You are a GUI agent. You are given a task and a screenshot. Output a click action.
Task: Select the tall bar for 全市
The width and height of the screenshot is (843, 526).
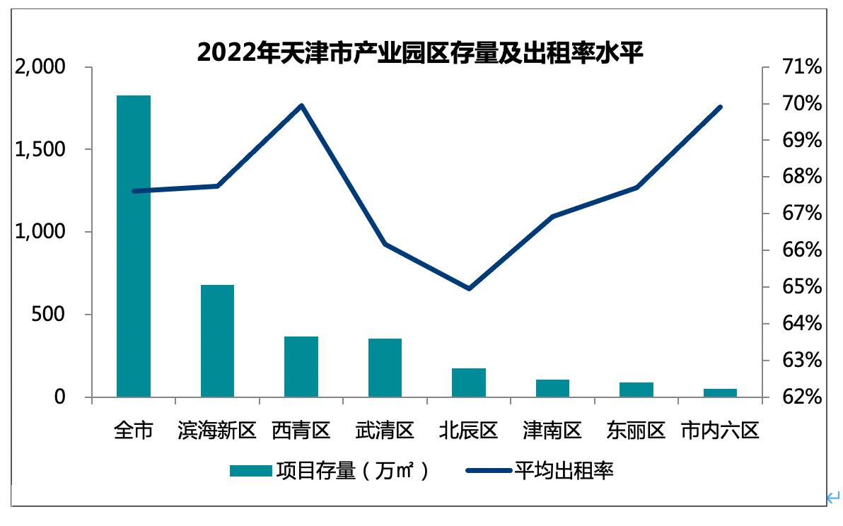pyautogui.click(x=134, y=246)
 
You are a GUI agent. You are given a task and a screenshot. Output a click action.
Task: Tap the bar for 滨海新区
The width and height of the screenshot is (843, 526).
pyautogui.click(x=217, y=341)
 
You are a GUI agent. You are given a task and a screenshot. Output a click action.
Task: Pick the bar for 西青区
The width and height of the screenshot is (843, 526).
pyautogui.click(x=301, y=366)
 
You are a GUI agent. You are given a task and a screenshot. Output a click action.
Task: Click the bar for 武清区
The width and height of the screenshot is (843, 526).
pyautogui.click(x=385, y=368)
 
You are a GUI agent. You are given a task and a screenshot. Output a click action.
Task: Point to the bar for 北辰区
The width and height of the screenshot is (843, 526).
pyautogui.click(x=469, y=382)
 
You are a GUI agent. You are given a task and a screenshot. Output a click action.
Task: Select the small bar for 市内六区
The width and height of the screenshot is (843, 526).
pyautogui.click(x=720, y=392)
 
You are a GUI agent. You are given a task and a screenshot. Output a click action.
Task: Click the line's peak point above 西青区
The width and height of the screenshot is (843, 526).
pyautogui.click(x=301, y=105)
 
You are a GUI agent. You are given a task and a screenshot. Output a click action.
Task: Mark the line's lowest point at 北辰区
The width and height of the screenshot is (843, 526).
pyautogui.click(x=469, y=288)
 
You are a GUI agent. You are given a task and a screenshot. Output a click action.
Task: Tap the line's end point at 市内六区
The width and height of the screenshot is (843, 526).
pyautogui.click(x=720, y=107)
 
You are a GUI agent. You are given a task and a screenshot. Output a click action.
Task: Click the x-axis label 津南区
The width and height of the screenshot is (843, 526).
pyautogui.click(x=552, y=431)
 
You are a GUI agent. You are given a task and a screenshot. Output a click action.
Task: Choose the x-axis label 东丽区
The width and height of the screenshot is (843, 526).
pyautogui.click(x=636, y=431)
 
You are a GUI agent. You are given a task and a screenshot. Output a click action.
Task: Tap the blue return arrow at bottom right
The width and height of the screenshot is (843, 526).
pyautogui.click(x=832, y=498)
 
